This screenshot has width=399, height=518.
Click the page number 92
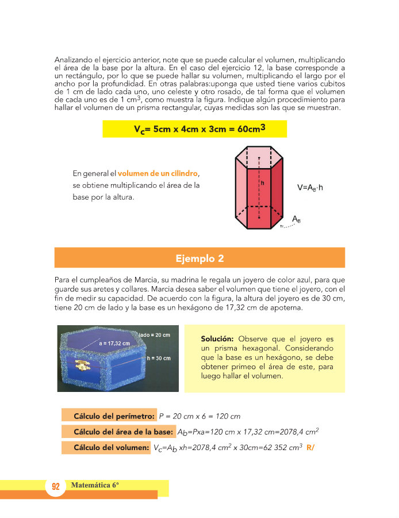click(56, 486)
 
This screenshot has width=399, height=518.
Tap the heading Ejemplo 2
click(199, 258)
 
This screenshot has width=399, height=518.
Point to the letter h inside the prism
click(263, 182)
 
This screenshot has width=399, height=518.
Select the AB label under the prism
click(297, 219)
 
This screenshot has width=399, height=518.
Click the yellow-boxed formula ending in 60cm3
click(194, 129)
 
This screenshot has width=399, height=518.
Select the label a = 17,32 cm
click(114, 343)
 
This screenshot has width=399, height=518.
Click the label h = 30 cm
click(158, 358)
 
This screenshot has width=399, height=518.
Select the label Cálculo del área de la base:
click(123, 432)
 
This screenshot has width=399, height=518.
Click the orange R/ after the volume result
click(311, 447)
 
